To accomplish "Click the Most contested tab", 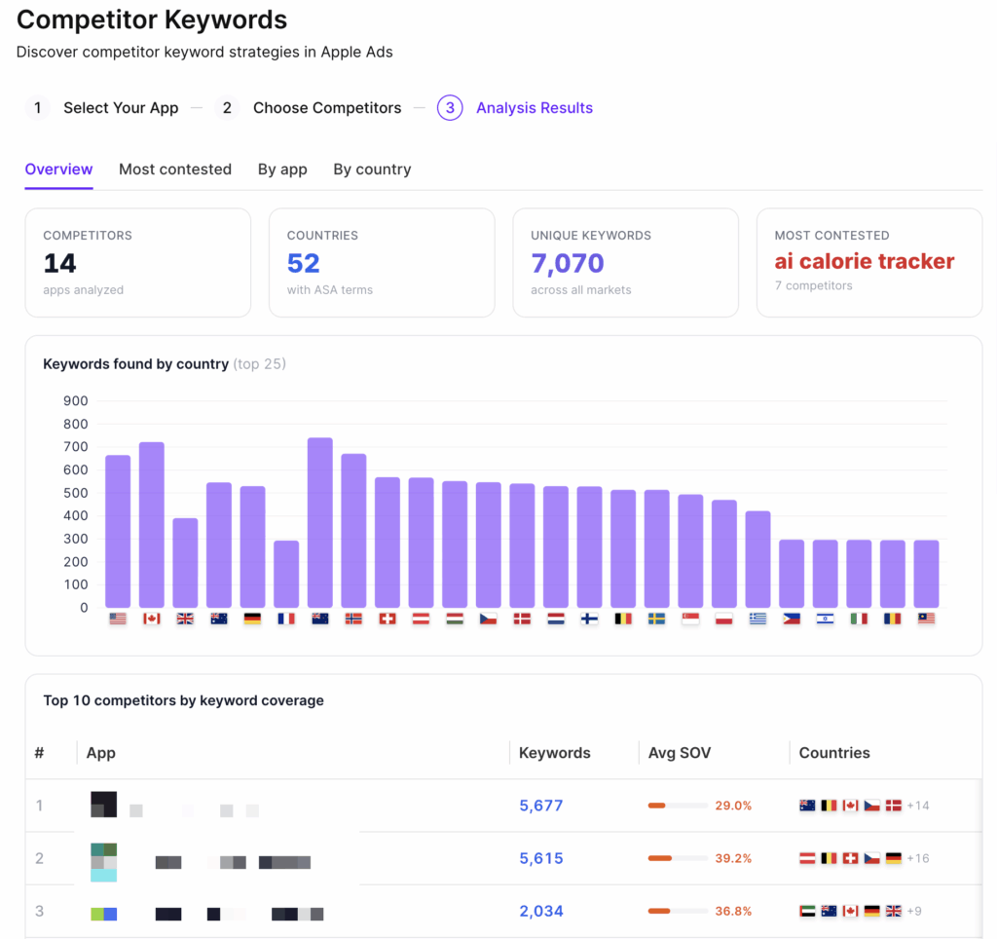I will click(175, 169).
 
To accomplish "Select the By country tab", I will click(372, 169).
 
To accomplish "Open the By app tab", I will click(282, 169).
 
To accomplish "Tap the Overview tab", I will click(58, 169).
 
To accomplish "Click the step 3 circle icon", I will click(449, 108).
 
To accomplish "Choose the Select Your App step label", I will click(121, 108).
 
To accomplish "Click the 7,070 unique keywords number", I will click(568, 263).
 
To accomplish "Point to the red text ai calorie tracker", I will click(865, 261).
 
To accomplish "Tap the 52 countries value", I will click(304, 263).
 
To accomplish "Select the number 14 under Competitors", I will click(60, 263).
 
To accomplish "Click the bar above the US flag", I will click(118, 531).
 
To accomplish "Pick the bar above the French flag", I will click(286, 574).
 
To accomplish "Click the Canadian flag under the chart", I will click(152, 619).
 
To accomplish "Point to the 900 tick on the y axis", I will click(75, 401).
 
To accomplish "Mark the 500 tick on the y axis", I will click(75, 493).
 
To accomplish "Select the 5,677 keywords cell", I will click(541, 806).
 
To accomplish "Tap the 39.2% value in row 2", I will click(734, 858).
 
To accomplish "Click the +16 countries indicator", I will click(918, 858).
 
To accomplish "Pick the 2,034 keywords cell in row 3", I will click(541, 911).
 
